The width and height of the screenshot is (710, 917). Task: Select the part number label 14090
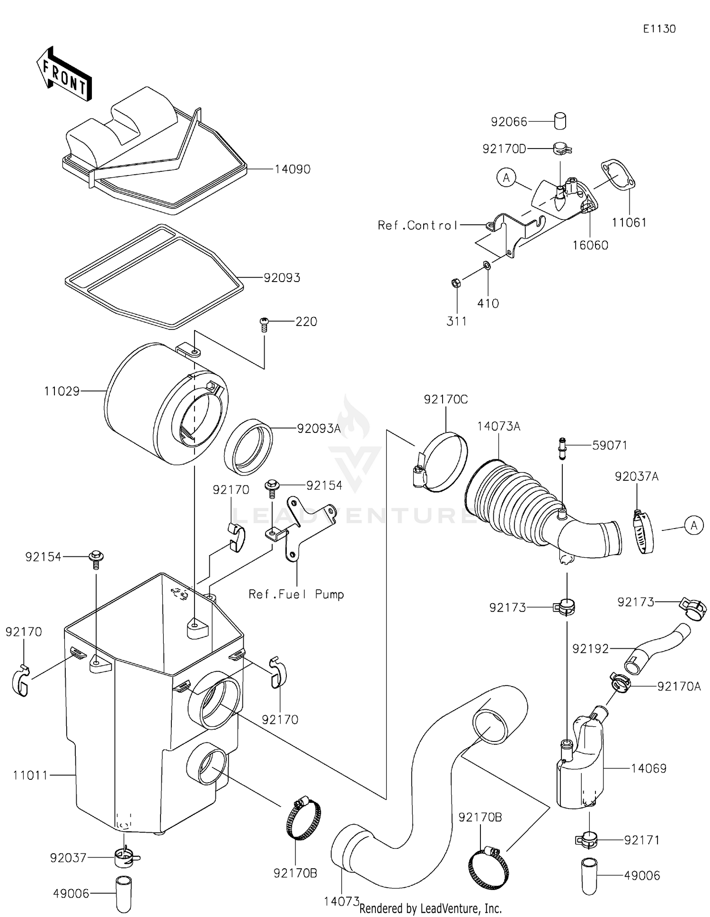292,169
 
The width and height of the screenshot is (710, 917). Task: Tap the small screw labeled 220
264,325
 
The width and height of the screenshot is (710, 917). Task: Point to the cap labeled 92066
560,121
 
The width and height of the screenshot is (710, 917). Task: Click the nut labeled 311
454,283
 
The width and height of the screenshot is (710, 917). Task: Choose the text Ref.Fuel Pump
296,594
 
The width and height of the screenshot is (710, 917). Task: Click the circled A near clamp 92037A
694,525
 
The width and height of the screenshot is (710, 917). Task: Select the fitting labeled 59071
562,449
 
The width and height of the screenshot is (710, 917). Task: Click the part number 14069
648,768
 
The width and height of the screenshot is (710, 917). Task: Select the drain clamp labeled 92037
125,858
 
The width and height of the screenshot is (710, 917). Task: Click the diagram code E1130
659,29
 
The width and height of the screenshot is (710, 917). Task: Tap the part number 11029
62,391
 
